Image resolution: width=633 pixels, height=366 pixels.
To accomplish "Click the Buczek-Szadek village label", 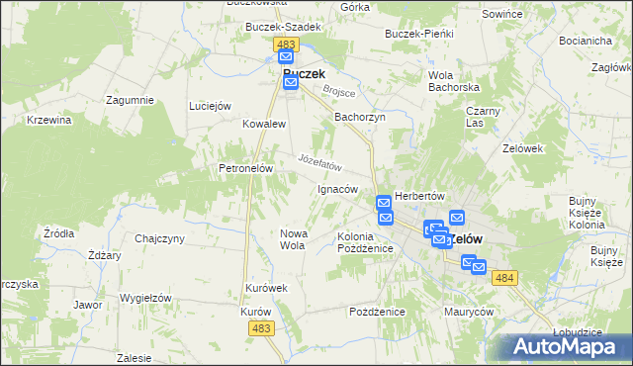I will point(284,27).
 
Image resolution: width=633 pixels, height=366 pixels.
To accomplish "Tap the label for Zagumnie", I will point(132,101).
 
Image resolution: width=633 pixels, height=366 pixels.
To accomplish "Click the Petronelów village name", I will point(245,168).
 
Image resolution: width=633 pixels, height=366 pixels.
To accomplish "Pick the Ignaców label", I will point(336,189).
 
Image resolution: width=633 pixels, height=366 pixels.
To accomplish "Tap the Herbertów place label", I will point(421,196).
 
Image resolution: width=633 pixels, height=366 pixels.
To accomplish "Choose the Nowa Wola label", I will point(293,238).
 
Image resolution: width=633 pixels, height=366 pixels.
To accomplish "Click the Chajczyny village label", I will point(159,238).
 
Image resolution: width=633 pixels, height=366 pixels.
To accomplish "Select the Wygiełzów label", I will point(145,298).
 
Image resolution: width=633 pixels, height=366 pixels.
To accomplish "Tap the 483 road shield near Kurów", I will point(262,327).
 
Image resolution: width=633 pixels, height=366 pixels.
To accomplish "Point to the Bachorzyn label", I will point(359,117).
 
